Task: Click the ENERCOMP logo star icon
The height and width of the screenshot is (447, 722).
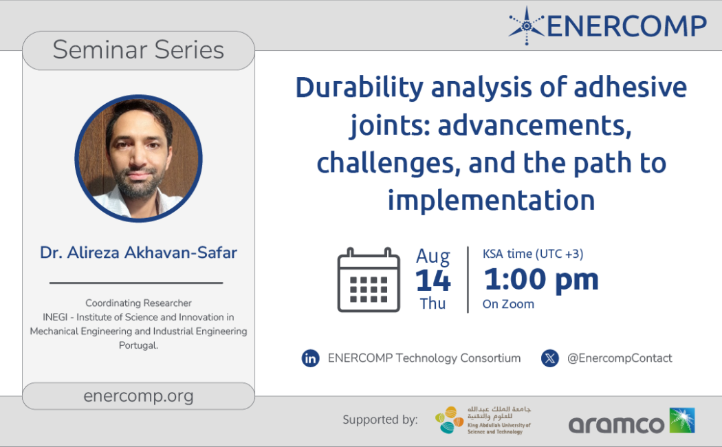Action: tap(527, 25)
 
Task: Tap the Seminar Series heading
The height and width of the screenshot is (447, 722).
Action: tap(138, 50)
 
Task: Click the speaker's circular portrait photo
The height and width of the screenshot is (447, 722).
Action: tap(139, 158)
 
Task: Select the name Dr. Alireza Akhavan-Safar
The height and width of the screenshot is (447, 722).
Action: tap(138, 252)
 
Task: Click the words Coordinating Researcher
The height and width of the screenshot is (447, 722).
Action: tap(138, 303)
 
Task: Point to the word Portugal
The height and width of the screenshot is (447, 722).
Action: tap(138, 345)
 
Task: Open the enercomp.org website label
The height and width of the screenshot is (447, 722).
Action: tap(138, 396)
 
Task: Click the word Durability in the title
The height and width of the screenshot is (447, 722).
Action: tap(359, 87)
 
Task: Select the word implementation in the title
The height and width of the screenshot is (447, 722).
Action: tap(492, 200)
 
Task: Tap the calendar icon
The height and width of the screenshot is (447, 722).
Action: tap(369, 280)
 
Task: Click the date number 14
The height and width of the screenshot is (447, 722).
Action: tap(433, 281)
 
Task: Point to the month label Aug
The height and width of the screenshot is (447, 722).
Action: tap(433, 257)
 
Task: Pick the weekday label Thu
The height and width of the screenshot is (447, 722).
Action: tap(433, 304)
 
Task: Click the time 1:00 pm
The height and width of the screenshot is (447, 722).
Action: tap(541, 279)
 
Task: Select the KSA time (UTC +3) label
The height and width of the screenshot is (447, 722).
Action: tap(533, 254)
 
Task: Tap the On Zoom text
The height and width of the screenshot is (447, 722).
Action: tap(508, 304)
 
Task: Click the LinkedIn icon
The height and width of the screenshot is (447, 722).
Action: tap(310, 358)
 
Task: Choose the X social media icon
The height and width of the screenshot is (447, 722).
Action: tap(550, 358)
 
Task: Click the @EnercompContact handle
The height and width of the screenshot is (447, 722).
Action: tap(620, 358)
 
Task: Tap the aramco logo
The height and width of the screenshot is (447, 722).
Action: tap(632, 422)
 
